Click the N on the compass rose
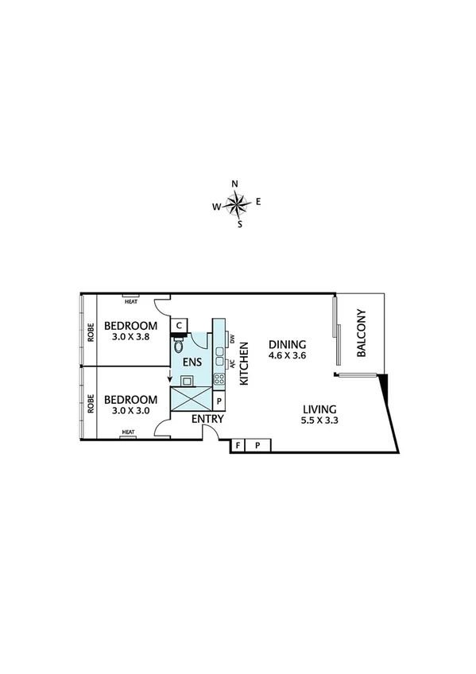234,184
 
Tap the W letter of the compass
215,207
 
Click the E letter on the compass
258,202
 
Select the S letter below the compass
239,224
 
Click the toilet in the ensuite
177,347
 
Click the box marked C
180,326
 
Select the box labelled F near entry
237,445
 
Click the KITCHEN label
245,363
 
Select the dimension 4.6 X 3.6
287,356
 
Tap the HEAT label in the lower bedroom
128,433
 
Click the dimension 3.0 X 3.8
131,338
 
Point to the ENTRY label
208,420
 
